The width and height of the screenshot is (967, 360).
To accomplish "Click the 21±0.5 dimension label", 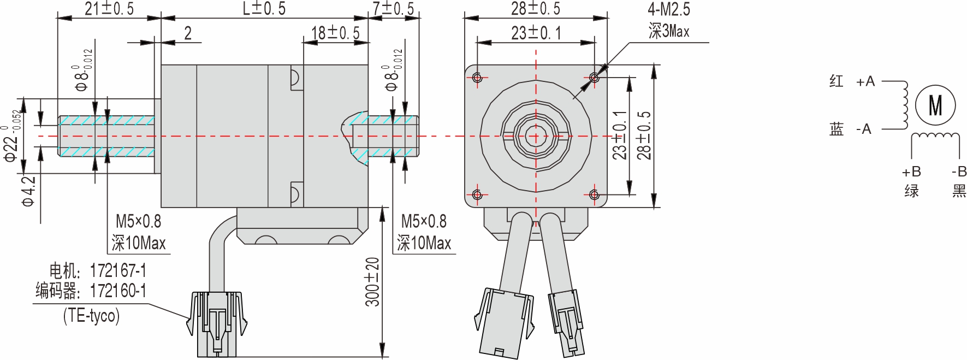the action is [x=109, y=8].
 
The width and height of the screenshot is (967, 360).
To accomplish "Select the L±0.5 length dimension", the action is [x=264, y=8].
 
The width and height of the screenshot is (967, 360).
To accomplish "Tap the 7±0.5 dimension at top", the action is [x=394, y=8].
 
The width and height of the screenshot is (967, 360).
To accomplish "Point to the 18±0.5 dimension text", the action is [x=335, y=33].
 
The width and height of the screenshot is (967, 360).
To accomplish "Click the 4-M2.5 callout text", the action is [x=669, y=9].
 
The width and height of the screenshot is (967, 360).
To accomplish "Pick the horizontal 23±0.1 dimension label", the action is [x=536, y=33].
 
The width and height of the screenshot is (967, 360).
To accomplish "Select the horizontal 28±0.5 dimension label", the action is [x=536, y=8].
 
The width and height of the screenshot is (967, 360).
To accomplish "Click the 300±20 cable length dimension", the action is [x=372, y=282].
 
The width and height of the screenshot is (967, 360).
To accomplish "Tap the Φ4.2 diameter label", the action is [x=28, y=191].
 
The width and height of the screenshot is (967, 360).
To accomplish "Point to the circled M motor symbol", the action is [x=935, y=105].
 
